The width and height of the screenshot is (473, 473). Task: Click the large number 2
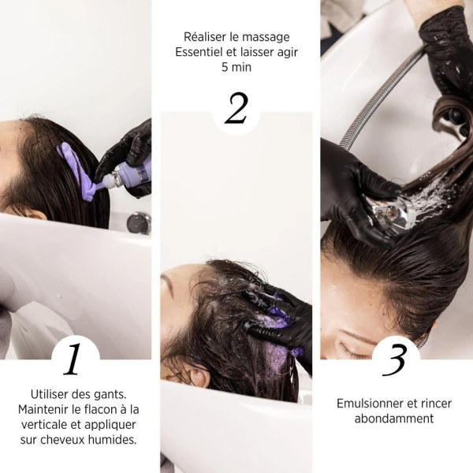point(236,109)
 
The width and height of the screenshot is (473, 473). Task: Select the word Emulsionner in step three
point(368,403)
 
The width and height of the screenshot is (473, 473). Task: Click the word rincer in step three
point(434,403)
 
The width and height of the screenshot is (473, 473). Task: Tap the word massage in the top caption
point(268,37)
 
